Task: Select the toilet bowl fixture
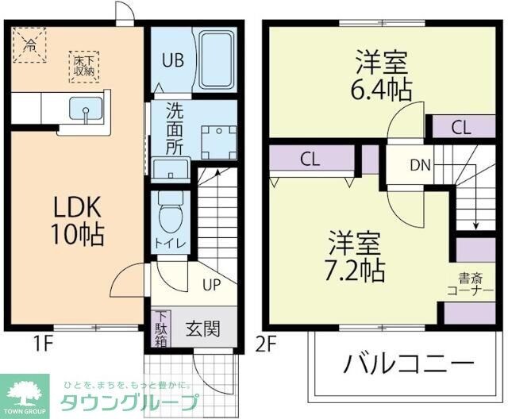pyautogui.click(x=169, y=214)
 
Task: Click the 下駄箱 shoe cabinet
pyautogui.click(x=161, y=327)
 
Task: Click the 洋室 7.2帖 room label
pyautogui.click(x=356, y=256)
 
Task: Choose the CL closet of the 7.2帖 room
pyautogui.click(x=310, y=158)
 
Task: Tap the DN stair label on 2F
pyautogui.click(x=420, y=165)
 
